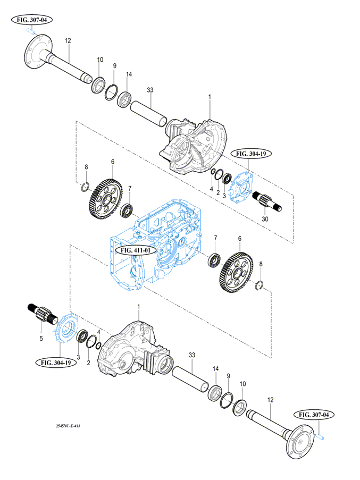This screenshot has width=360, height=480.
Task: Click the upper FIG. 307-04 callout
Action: [x=31, y=20]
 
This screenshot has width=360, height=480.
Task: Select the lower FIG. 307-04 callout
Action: [x=317, y=415]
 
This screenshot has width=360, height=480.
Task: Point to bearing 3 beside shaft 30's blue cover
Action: [x=225, y=179]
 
